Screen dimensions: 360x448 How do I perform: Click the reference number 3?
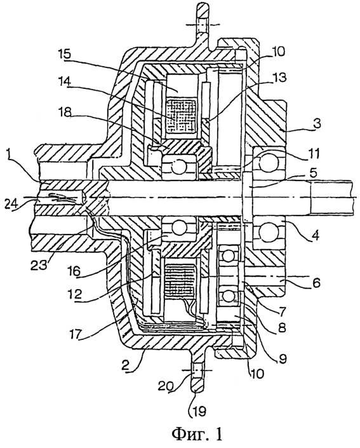314,124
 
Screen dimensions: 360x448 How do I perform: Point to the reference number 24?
11,203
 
